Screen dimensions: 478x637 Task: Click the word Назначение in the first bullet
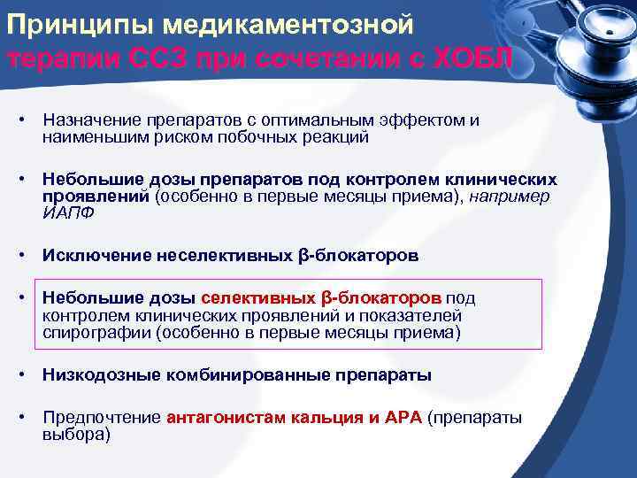coord(92,119)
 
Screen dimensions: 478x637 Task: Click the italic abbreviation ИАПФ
coord(68,212)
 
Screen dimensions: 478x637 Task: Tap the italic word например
coord(510,196)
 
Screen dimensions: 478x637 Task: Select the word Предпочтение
coord(102,417)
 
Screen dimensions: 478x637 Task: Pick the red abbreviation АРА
coord(400,417)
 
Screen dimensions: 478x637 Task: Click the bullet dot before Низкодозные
coord(28,374)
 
